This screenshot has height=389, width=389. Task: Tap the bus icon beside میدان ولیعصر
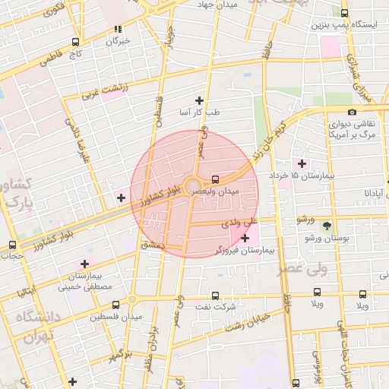click(x=216, y=180)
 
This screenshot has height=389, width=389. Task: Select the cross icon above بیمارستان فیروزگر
click(x=245, y=239)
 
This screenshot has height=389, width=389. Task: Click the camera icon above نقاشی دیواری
click(x=352, y=112)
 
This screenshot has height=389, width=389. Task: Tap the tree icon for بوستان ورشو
click(x=327, y=226)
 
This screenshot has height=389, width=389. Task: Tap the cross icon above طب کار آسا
click(x=199, y=100)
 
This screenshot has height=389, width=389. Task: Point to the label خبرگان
click(x=119, y=40)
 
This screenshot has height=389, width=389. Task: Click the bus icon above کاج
click(x=74, y=43)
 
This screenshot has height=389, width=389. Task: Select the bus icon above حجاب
click(x=11, y=245)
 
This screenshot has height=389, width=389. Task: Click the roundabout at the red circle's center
click(x=194, y=185)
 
